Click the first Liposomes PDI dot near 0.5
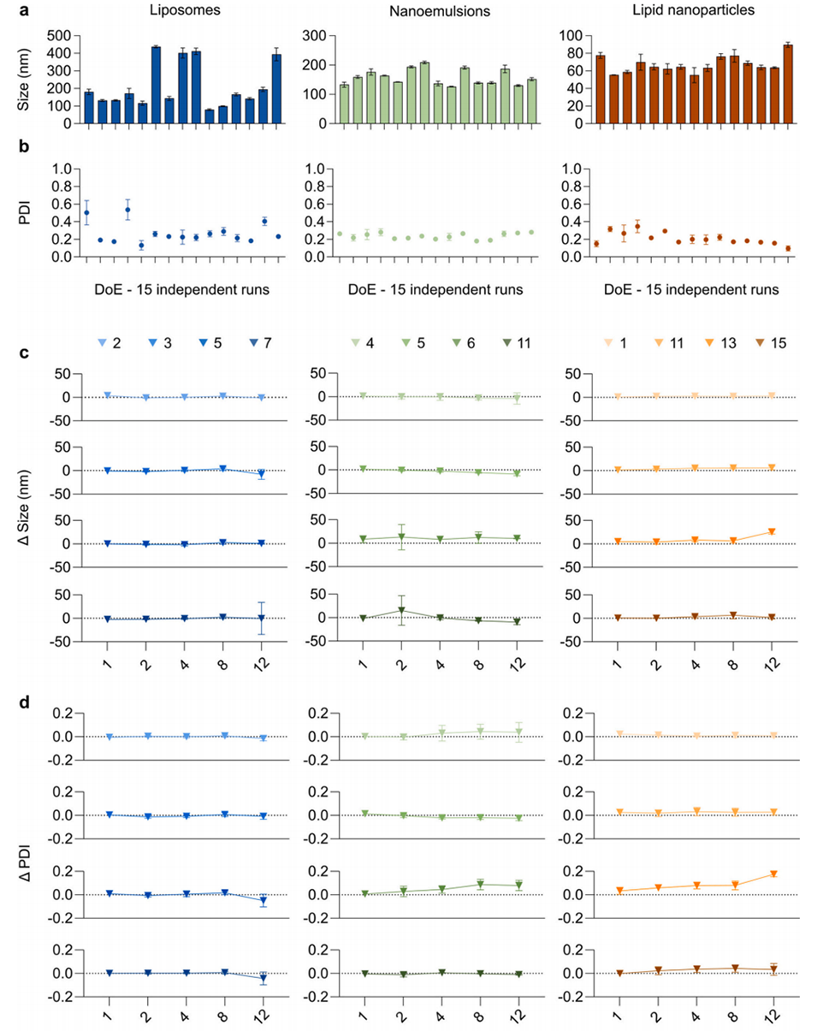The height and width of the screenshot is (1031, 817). coord(86,212)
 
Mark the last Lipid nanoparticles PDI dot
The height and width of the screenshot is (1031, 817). coord(787,248)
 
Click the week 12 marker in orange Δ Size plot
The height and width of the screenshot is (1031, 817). coord(773,532)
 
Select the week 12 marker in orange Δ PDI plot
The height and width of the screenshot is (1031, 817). coord(773,874)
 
